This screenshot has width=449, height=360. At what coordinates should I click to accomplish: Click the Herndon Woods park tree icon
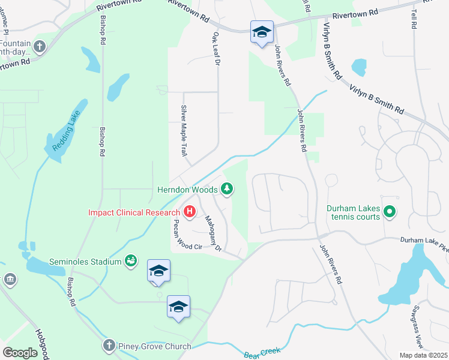click(227, 190)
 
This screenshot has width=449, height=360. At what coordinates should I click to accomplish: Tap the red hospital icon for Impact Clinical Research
click(189, 212)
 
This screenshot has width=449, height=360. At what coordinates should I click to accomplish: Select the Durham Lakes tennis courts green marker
click(389, 211)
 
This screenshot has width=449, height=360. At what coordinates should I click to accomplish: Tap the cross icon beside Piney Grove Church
click(108, 346)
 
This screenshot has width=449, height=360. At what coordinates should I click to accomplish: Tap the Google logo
click(20, 353)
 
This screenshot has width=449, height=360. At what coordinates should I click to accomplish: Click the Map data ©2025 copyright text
click(423, 355)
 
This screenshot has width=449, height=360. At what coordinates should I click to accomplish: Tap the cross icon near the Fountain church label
click(40, 46)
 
